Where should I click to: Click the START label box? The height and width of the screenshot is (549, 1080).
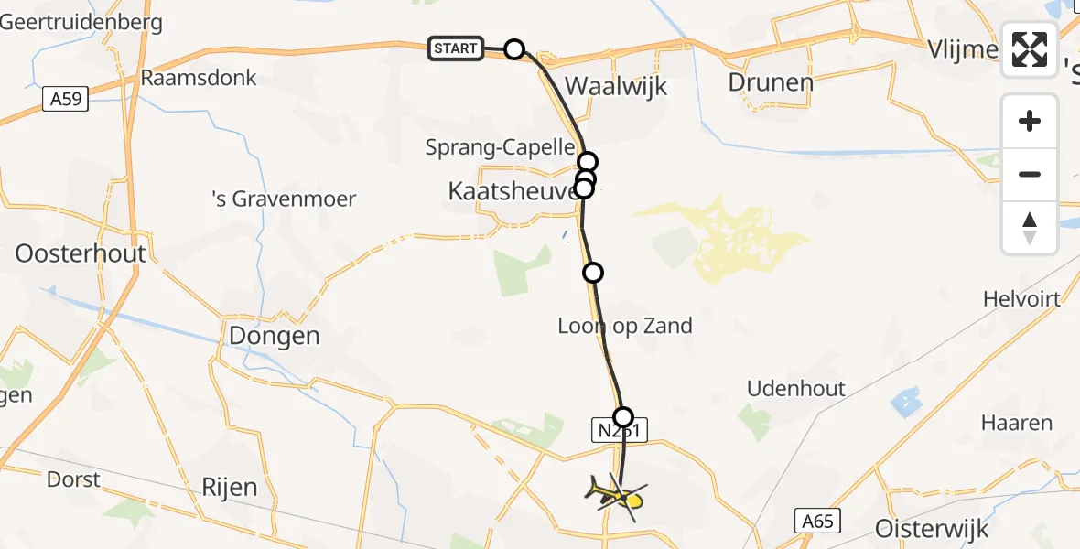tap(456, 48)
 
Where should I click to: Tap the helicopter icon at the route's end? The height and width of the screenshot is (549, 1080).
tap(616, 496)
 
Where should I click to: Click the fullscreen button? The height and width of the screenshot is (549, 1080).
tap(1030, 49)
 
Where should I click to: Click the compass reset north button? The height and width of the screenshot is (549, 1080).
tap(1030, 227)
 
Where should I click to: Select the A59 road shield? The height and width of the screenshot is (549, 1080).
tap(66, 99)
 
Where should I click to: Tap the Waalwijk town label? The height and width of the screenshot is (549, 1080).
tap(616, 87)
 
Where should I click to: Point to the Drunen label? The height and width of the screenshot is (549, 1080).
tap(770, 82)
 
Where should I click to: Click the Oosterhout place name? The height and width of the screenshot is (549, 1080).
tap(80, 253)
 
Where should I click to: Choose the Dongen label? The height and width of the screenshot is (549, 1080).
tap(274, 336)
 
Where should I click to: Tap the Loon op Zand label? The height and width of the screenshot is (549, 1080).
tap(625, 326)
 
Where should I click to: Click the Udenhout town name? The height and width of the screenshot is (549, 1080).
tap(796, 388)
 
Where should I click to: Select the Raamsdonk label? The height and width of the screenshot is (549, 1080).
tap(199, 78)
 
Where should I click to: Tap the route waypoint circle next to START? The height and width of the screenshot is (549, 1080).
tap(514, 49)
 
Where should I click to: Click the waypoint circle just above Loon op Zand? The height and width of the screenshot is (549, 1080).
tap(593, 272)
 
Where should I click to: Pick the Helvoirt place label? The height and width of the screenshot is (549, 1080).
tap(1021, 299)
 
